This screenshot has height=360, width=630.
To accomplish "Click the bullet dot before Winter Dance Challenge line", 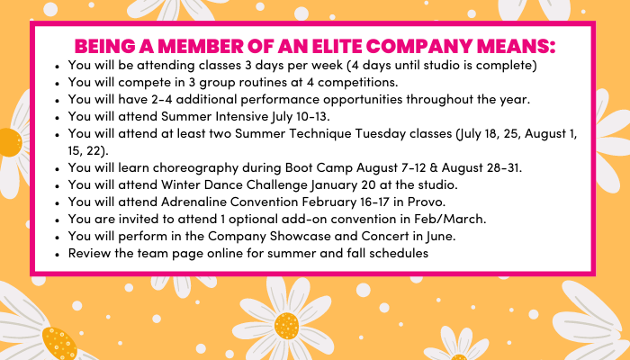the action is (58, 186).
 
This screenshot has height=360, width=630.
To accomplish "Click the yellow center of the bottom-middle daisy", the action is (286, 326).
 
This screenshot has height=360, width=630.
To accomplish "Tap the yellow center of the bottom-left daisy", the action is (59, 343).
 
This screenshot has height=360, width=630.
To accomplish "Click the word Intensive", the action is (242, 116).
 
